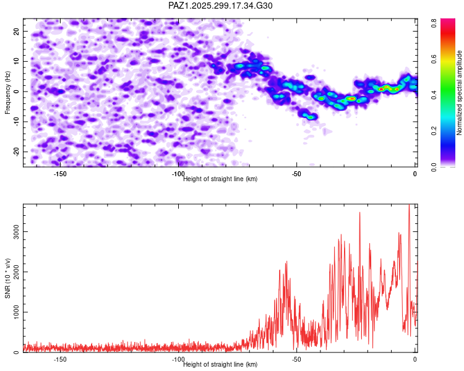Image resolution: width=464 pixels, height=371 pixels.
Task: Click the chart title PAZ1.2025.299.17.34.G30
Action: coord(220,6)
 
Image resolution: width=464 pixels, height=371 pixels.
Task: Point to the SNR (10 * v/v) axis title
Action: coord(7,278)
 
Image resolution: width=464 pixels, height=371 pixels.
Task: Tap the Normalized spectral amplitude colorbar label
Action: coord(460,93)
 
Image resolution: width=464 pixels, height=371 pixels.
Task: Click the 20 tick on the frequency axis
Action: coord(17,31)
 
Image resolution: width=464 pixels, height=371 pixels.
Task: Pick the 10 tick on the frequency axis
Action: coord(17,61)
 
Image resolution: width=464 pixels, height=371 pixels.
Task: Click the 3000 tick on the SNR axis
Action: coord(13,231)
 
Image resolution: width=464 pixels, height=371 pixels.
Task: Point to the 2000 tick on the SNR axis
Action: coord(13,271)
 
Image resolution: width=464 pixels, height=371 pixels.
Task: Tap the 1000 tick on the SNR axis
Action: coord(13,312)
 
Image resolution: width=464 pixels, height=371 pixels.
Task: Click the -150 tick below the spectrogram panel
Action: coord(60,174)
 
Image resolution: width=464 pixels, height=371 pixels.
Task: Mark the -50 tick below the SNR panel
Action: coord(296,359)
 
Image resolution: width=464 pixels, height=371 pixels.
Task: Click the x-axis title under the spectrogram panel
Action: coord(220,179)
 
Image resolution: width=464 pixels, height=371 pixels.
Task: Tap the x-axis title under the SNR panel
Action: coord(220,365)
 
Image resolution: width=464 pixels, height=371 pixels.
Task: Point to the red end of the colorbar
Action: coord(434,25)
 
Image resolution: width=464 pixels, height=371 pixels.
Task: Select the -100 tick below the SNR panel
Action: coord(178,359)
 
